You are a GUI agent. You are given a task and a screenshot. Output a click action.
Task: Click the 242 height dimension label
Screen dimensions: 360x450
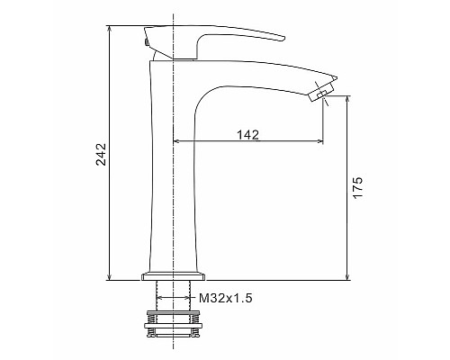[x=101, y=154]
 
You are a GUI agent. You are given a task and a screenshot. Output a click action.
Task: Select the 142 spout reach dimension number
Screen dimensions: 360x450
[x=248, y=135]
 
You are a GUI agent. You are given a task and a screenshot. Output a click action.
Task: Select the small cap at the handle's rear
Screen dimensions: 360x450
[x=146, y=40]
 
